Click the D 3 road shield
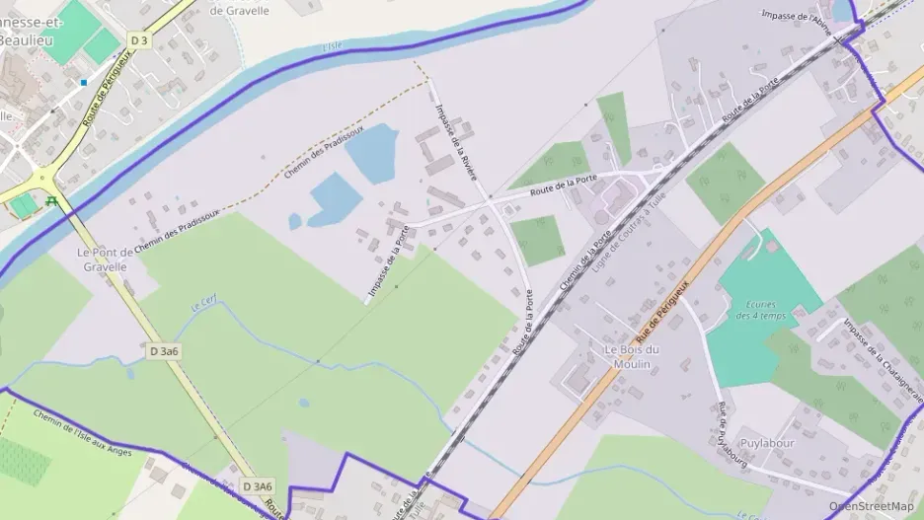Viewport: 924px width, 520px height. (139, 40)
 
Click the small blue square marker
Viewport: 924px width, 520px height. (84, 82)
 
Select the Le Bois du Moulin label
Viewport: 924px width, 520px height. (632, 357)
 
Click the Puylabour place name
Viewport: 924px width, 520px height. (767, 443)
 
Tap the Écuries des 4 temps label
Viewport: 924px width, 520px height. (761, 310)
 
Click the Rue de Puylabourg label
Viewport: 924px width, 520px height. (731, 435)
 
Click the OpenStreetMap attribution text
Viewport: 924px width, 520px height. (871, 506)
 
